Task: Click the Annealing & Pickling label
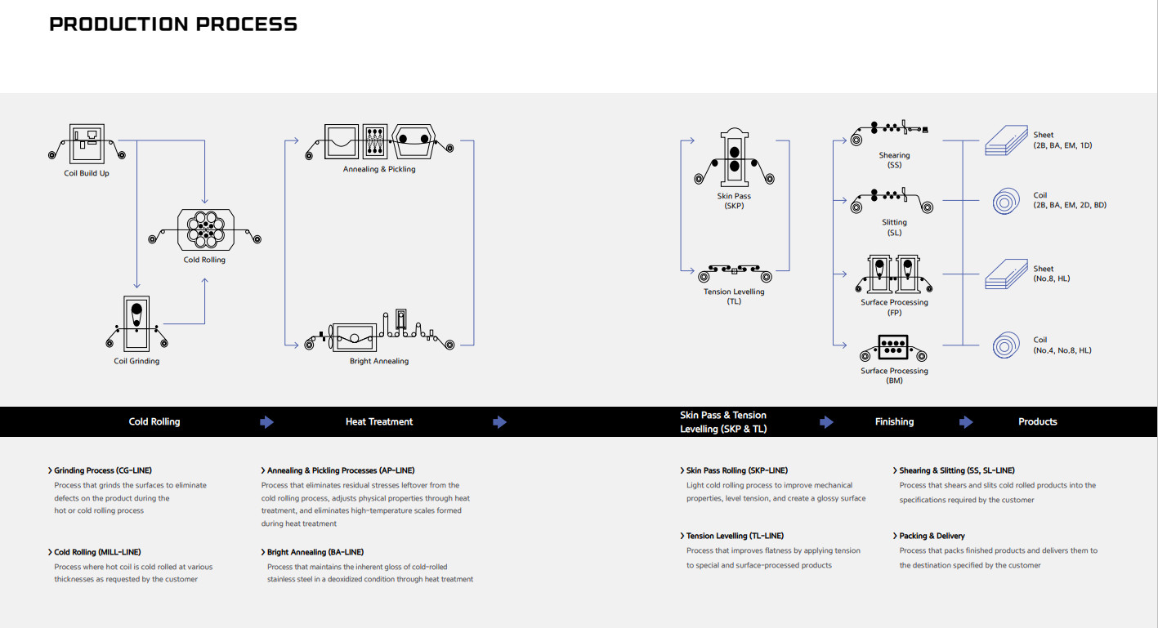(379, 169)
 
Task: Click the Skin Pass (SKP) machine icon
(734, 159)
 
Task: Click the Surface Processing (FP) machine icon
(894, 274)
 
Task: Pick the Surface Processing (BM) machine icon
(894, 349)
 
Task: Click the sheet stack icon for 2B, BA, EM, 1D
(1007, 140)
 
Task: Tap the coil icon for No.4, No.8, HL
(1007, 345)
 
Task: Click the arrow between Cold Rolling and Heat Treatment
(266, 422)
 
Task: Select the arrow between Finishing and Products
(966, 422)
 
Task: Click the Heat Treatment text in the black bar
(379, 422)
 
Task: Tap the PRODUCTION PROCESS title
(173, 24)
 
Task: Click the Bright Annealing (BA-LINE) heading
(315, 552)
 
